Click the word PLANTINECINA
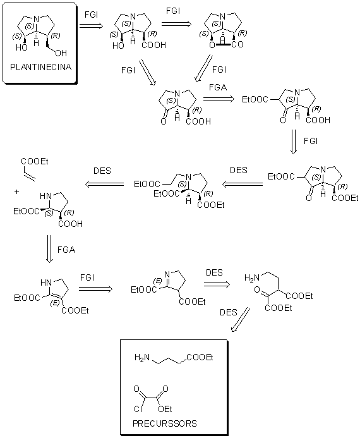[x=41, y=67]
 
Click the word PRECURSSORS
[x=165, y=423]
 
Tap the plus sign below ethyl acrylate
[x=17, y=192]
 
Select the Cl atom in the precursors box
[x=138, y=409]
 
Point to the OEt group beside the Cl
[x=165, y=409]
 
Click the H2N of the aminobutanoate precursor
[x=142, y=357]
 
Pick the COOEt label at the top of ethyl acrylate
[x=35, y=161]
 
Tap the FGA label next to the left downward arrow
[x=66, y=250]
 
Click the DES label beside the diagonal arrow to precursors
[x=229, y=312]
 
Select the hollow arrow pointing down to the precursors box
[x=241, y=320]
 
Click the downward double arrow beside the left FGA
[x=49, y=248]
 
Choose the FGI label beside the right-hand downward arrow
[x=311, y=141]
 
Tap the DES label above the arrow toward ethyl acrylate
[x=102, y=171]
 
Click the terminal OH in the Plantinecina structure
[x=61, y=53]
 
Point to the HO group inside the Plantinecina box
[x=21, y=47]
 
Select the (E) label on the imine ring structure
[x=158, y=281]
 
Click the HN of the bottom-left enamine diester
[x=46, y=283]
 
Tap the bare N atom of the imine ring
[x=167, y=274]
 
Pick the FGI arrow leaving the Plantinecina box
[x=91, y=26]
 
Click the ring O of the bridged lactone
[x=212, y=44]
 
